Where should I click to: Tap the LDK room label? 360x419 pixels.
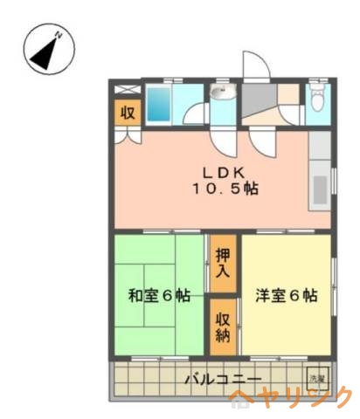click(x=225, y=171)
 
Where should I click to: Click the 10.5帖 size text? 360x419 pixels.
click(x=225, y=189)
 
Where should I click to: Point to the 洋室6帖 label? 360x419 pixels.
click(x=287, y=295)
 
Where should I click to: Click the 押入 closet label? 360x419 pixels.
click(x=222, y=263)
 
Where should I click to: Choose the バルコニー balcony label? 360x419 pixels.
click(x=224, y=380)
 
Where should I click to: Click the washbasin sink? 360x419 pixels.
click(x=218, y=93)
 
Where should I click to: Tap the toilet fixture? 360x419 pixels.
click(x=316, y=99)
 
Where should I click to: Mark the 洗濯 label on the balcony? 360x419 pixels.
click(x=317, y=378)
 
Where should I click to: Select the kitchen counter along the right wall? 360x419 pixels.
click(x=321, y=175)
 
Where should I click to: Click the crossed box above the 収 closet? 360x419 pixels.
click(x=127, y=89)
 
